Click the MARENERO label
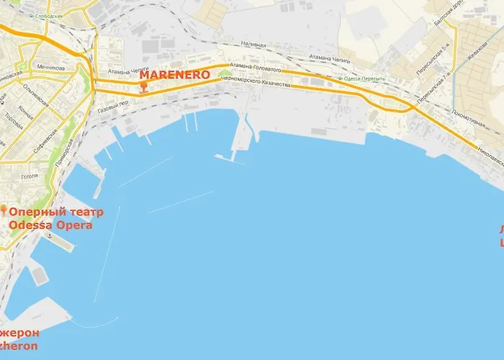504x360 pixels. (x=175, y=74)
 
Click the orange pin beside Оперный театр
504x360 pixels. (x=4, y=211)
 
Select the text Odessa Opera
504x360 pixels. (x=50, y=225)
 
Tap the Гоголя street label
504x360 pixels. (x=30, y=176)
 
